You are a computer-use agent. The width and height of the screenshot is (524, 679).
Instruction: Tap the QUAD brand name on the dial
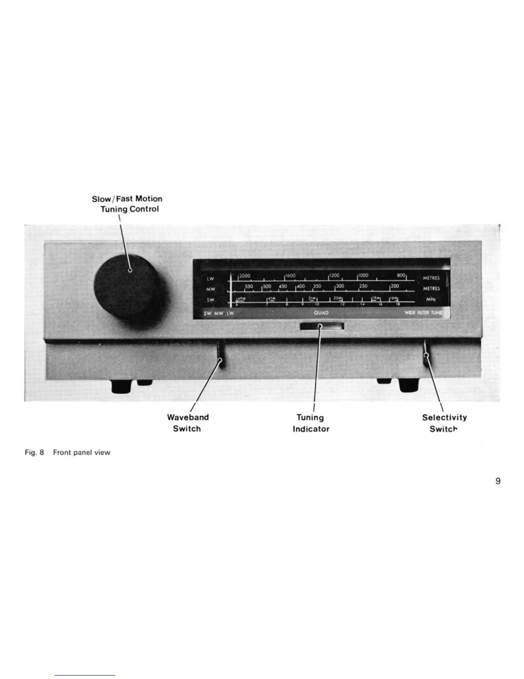[321, 313]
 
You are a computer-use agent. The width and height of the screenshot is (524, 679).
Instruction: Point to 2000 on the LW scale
[245, 276]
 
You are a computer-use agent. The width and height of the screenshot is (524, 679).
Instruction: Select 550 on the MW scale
[249, 286]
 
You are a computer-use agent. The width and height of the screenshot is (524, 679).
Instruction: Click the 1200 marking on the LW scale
[334, 276]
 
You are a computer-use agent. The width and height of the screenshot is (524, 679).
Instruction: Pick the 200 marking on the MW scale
[394, 286]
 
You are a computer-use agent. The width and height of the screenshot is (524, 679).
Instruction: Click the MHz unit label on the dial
[431, 299]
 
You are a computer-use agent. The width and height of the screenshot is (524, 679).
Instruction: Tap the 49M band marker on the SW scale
[241, 298]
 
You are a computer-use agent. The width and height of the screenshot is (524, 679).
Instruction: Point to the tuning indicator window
[322, 327]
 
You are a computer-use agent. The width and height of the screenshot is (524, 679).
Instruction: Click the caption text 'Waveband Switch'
[188, 423]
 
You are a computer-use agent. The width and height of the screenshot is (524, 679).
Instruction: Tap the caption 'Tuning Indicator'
[311, 423]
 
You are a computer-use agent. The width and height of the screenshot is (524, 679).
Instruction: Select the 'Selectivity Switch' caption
[444, 423]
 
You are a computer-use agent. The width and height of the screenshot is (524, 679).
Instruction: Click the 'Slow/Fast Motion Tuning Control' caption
[128, 204]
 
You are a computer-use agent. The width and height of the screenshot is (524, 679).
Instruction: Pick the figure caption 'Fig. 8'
[35, 452]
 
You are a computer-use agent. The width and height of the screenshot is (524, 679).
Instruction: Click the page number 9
[498, 481]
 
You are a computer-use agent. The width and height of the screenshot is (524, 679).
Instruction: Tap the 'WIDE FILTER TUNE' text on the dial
[423, 313]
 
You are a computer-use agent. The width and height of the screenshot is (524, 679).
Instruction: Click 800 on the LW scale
[401, 276]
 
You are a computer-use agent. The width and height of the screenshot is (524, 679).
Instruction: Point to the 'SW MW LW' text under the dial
[219, 313]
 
